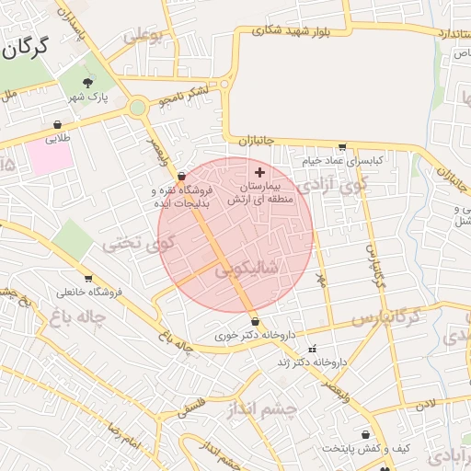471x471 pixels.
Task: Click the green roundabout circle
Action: coord(137,107)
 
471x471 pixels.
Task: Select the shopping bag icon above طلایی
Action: coord(58,125)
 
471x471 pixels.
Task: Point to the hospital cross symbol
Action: coord(259,172)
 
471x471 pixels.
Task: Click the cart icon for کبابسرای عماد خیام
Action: coord(343,146)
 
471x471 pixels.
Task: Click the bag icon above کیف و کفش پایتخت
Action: coord(365,434)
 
